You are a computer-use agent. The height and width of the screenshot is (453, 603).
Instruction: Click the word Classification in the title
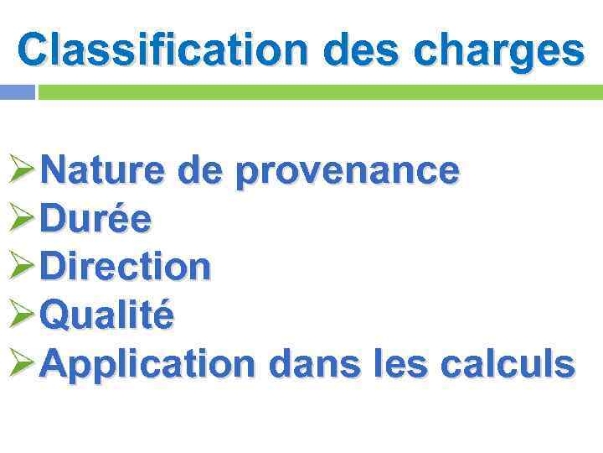[162, 49]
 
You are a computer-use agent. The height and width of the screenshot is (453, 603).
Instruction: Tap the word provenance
[347, 171]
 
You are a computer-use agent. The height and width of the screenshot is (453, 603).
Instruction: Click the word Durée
[95, 220]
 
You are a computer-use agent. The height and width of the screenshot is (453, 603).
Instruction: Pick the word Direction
[125, 268]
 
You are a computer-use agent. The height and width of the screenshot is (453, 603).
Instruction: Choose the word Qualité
[107, 316]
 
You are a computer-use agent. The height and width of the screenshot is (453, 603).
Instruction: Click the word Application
[147, 364]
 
